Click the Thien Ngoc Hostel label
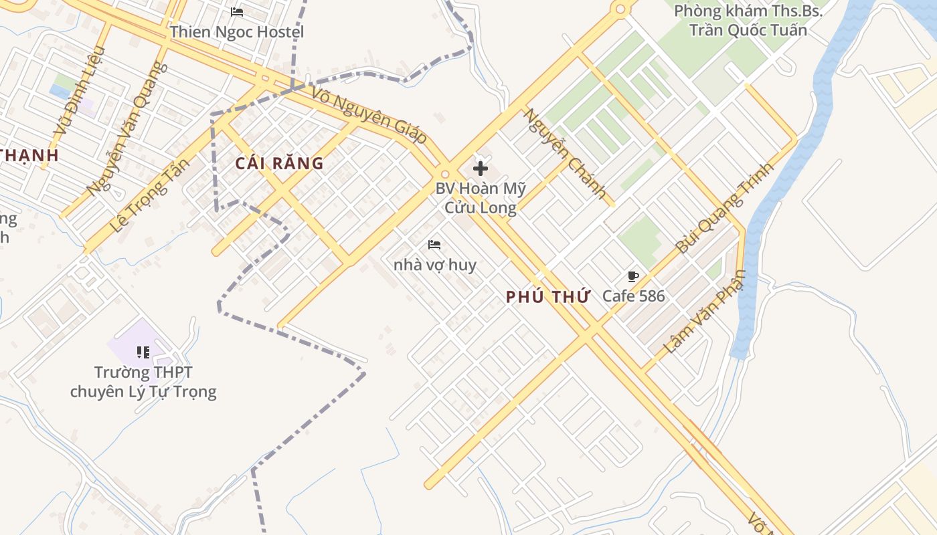pyautogui.click(x=237, y=32)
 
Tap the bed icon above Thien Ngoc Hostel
pyautogui.click(x=237, y=12)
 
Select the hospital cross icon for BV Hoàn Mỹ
pyautogui.click(x=481, y=169)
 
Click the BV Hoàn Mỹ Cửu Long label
pyautogui.click(x=481, y=198)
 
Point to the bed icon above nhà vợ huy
pyautogui.click(x=434, y=245)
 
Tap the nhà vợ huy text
pyautogui.click(x=435, y=265)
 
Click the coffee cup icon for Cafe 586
pyautogui.click(x=633, y=277)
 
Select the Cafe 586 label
pyautogui.click(x=633, y=296)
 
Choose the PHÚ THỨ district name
pyautogui.click(x=547, y=298)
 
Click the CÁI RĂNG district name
pyautogui.click(x=280, y=163)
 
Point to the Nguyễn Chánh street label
pyautogui.click(x=565, y=155)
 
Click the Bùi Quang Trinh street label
pyautogui.click(x=724, y=207)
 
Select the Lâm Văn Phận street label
pyautogui.click(x=705, y=312)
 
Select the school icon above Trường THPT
pyautogui.click(x=143, y=352)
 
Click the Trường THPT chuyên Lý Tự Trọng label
pyautogui.click(x=143, y=382)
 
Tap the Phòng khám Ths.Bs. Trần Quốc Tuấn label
pyautogui.click(x=748, y=20)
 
